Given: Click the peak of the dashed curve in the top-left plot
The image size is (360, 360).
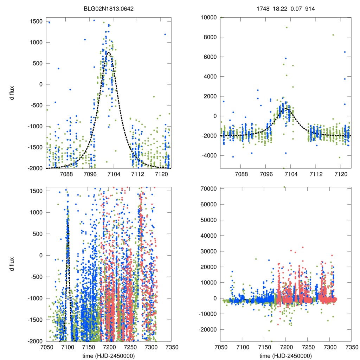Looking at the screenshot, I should tap(108, 52).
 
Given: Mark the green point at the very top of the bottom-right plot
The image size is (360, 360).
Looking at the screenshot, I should tap(284, 187).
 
